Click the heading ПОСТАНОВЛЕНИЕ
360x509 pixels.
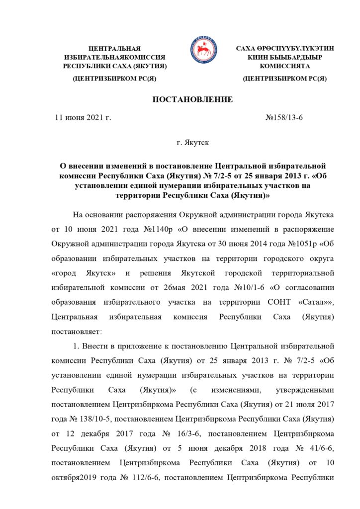click(192, 100)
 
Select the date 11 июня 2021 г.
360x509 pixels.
click(83, 118)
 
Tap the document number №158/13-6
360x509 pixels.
click(284, 118)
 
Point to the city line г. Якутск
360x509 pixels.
click(192, 143)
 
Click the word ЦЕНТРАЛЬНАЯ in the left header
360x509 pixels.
click(114, 48)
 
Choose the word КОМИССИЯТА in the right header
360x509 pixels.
click(285, 65)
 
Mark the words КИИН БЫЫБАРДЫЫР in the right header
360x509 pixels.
click(285, 57)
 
